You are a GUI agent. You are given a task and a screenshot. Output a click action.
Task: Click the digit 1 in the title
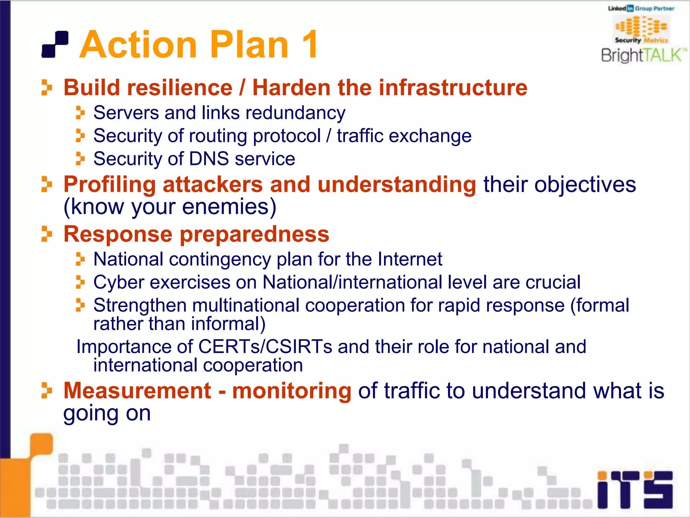click(309, 45)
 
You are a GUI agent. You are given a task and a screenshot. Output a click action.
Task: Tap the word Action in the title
click(138, 45)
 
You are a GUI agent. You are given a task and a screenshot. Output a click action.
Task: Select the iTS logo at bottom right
click(635, 490)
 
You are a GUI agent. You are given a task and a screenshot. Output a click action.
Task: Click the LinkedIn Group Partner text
click(641, 8)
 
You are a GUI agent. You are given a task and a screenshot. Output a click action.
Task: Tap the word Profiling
click(109, 184)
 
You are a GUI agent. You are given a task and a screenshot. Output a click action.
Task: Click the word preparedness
click(254, 234)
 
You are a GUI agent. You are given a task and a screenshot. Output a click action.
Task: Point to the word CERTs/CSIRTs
click(265, 347)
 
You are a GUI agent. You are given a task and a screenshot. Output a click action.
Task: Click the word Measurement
click(137, 391)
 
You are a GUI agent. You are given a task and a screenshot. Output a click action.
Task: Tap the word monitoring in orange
click(291, 391)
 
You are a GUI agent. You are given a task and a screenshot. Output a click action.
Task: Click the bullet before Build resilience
click(46, 87)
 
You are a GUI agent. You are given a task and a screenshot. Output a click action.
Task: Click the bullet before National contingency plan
click(80, 259)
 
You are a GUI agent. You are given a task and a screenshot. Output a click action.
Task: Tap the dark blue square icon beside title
click(55, 45)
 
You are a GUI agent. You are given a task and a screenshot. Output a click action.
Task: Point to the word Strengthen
click(140, 306)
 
